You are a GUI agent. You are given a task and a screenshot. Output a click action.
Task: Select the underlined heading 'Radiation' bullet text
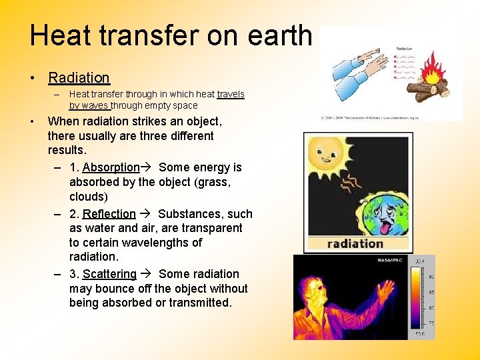[x=79, y=78]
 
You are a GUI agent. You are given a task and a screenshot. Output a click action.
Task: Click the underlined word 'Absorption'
[x=111, y=167]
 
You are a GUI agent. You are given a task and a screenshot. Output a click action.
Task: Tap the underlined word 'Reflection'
[x=109, y=214]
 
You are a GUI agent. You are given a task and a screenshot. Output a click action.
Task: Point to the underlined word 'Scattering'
[x=109, y=274]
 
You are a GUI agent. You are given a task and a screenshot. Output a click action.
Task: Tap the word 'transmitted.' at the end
[x=199, y=303]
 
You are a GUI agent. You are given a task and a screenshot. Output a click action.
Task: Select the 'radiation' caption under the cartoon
[x=355, y=244]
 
